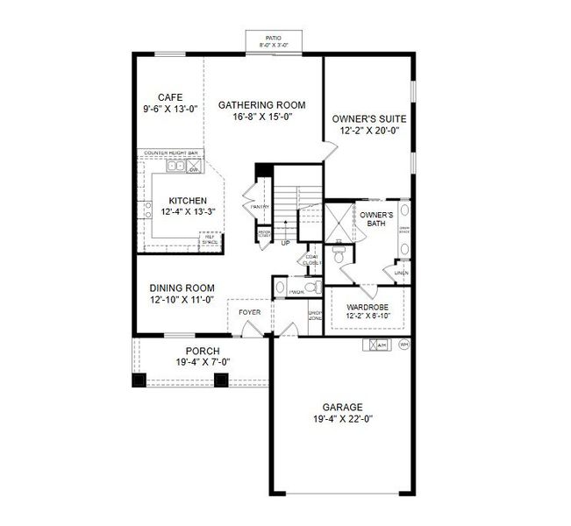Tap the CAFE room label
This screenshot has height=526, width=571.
coord(170,97)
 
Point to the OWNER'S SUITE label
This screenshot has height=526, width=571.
coord(369,117)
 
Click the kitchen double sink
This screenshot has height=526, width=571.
coord(179,164)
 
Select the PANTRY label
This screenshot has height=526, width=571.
coord(259,207)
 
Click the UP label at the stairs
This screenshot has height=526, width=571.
coord(285,243)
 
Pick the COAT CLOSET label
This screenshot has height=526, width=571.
coord(312,259)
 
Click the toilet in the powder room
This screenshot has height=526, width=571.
coord(280,286)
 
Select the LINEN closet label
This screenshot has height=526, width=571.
coord(402,273)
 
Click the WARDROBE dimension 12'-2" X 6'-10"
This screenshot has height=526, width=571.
coord(367,316)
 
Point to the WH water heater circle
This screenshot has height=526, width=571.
coord(403,345)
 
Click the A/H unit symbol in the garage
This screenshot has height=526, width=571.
coord(379,345)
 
